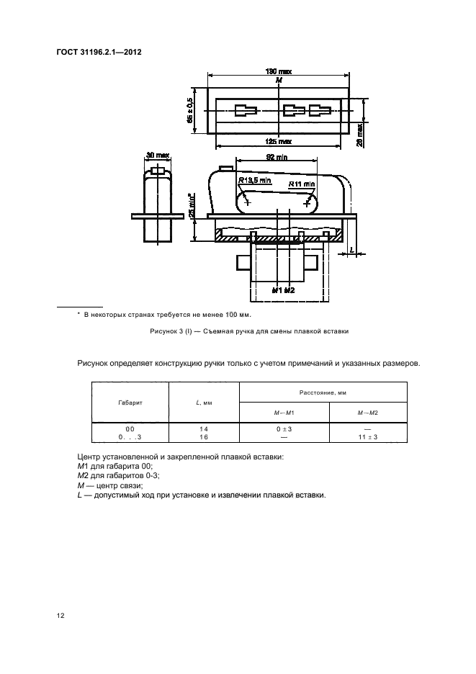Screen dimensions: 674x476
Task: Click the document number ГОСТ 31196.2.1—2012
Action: pos(94,53)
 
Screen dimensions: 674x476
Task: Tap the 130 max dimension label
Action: pos(278,72)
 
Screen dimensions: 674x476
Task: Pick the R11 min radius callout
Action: pos(302,184)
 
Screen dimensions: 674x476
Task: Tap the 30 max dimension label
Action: pos(157,155)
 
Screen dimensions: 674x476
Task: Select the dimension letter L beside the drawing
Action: pos(351,250)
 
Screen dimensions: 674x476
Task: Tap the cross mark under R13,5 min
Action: pos(248,202)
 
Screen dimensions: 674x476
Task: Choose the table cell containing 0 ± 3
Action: pos(283,428)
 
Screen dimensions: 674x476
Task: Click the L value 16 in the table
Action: pos(203,436)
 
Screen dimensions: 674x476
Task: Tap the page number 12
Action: pos(60,615)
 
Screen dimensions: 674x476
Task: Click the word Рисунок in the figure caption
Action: pos(164,332)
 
